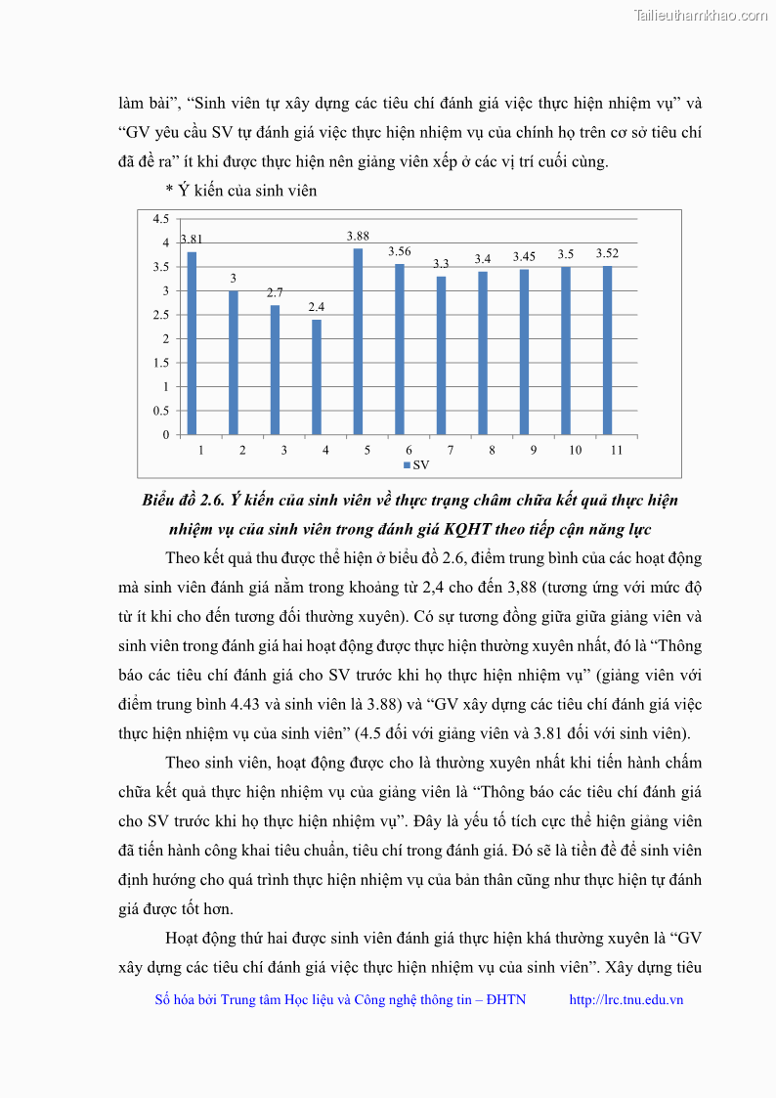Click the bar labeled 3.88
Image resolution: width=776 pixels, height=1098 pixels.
click(x=358, y=341)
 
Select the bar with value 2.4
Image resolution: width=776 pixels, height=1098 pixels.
click(x=316, y=376)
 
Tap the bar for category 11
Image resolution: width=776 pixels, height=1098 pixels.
click(x=607, y=350)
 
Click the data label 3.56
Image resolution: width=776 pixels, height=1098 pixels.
click(x=399, y=252)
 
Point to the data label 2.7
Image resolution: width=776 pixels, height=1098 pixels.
click(x=275, y=292)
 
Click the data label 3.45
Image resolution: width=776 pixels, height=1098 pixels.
click(x=524, y=257)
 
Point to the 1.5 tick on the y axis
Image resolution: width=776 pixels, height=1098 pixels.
click(x=161, y=363)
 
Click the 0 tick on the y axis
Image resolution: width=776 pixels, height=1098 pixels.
click(x=166, y=435)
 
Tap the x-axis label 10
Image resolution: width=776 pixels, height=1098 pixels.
click(x=576, y=450)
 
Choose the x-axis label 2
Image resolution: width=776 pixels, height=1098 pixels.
click(x=241, y=450)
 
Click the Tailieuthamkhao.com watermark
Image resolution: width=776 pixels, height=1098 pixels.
click(x=701, y=15)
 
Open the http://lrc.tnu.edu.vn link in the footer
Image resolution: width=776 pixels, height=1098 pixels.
click(x=625, y=999)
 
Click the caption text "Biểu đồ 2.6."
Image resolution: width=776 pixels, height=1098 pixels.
click(x=184, y=501)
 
